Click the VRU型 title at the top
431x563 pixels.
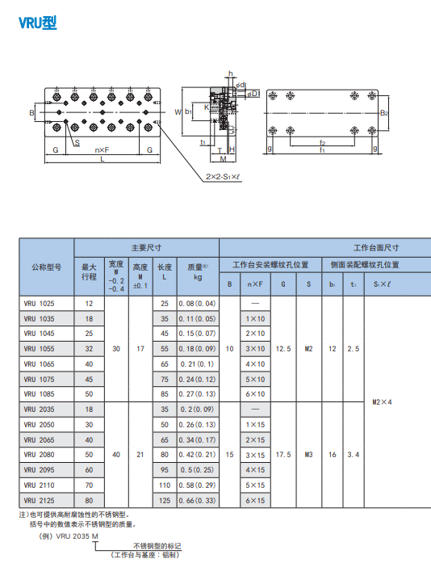click(38, 23)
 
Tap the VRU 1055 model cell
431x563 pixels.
click(39, 349)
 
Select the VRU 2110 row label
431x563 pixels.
click(39, 485)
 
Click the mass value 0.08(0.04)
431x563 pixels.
click(198, 304)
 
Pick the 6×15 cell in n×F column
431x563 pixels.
click(255, 501)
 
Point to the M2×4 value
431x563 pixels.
click(382, 402)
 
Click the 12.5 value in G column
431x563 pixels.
click(283, 349)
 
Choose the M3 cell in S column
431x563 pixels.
click(308, 455)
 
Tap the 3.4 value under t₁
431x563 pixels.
click(354, 455)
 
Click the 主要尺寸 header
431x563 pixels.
click(146, 248)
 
